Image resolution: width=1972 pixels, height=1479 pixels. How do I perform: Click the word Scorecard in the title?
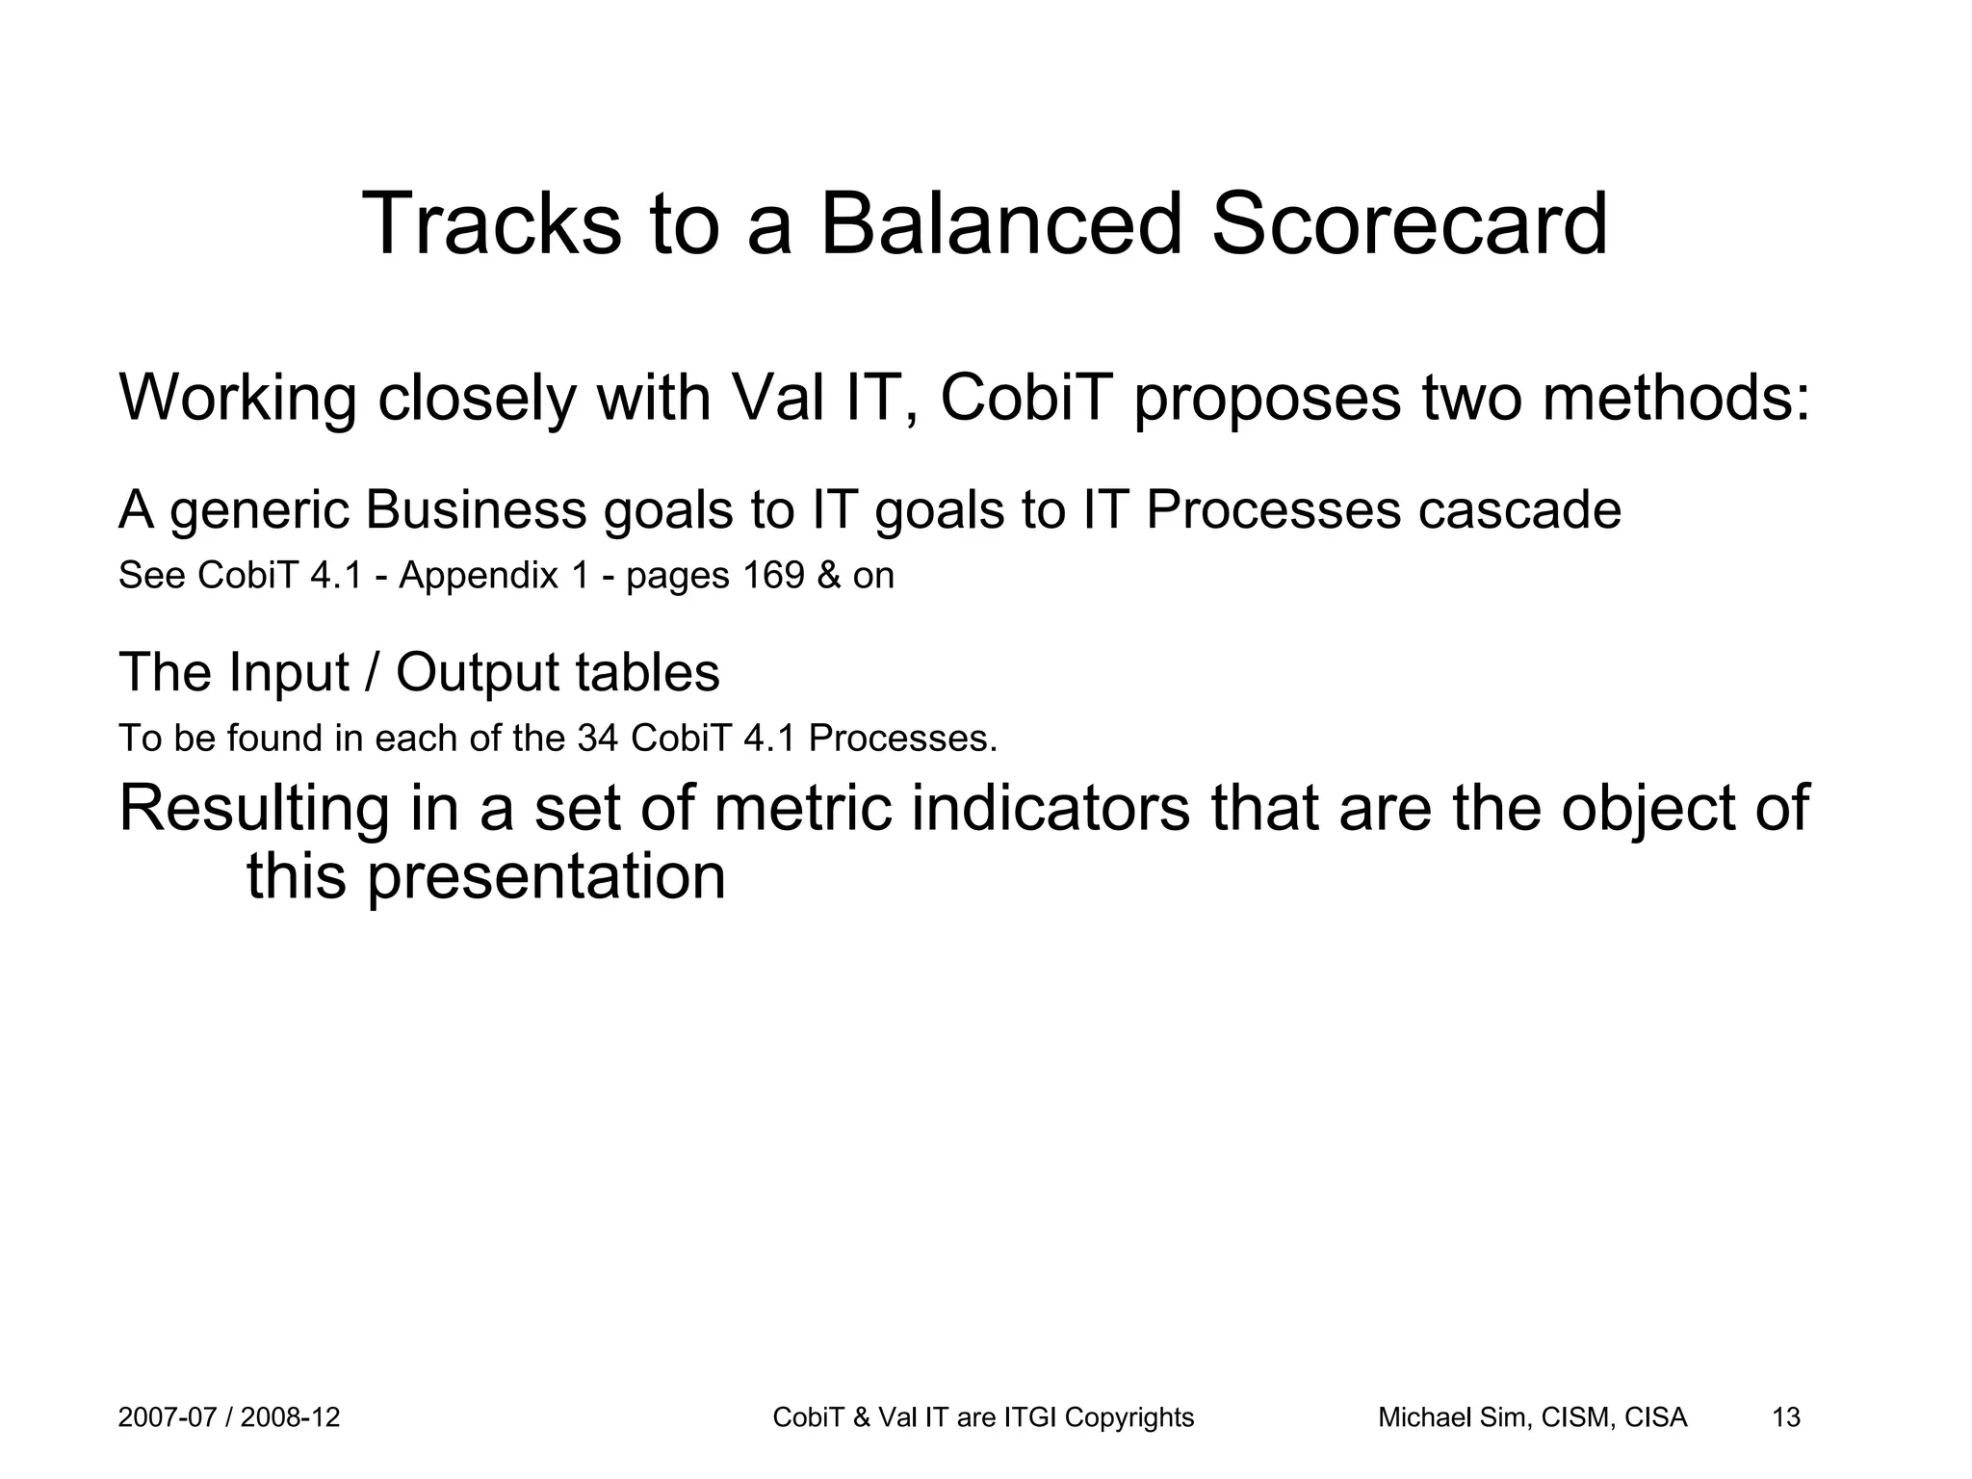point(1409,224)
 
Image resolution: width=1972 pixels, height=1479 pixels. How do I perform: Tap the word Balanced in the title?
point(999,224)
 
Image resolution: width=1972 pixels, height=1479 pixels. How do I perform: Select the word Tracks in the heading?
point(491,224)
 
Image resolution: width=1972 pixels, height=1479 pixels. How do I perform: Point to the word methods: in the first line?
point(1675,397)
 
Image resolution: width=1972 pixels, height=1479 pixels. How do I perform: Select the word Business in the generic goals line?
point(476,509)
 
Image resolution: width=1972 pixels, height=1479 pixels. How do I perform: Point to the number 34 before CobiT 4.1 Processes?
point(597,739)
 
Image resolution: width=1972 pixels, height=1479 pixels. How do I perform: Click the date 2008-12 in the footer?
point(290,1417)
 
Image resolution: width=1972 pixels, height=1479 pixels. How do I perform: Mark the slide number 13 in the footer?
point(1786,1417)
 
